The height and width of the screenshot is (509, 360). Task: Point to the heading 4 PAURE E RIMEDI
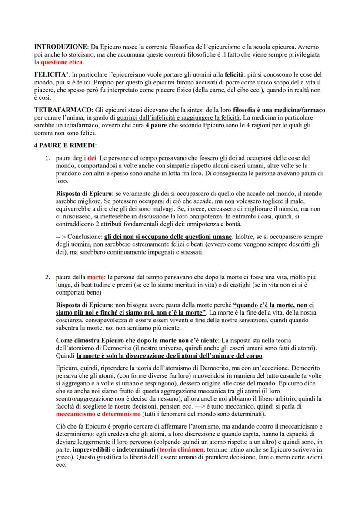point(65,145)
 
